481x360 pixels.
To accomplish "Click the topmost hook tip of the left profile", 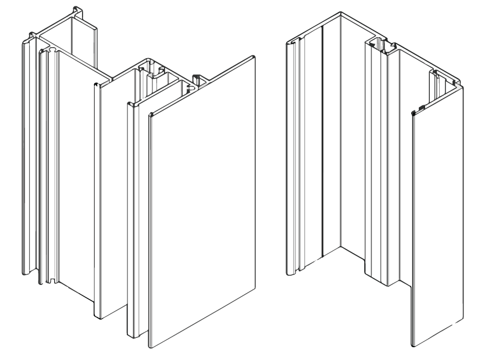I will pos(77,8).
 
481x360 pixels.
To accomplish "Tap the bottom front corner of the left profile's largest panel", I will pos(151,347).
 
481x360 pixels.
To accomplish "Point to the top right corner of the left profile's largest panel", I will pos(255,56).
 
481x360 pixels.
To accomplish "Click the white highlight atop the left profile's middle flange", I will pos(104,84).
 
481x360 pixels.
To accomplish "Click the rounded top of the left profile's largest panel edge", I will pos(150,114).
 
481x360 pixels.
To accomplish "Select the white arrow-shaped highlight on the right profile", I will pos(458,87).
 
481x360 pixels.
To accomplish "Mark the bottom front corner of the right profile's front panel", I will pos(415,345).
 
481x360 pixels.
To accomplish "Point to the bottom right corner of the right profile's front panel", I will pos(464,319).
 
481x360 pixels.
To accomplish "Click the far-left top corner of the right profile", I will pos(287,41).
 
